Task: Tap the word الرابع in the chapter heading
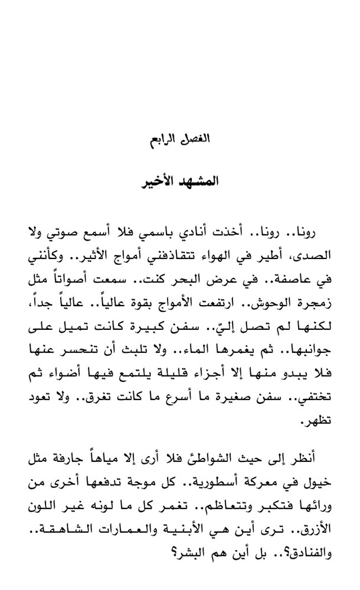(x=163, y=142)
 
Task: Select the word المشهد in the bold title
(x=199, y=180)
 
